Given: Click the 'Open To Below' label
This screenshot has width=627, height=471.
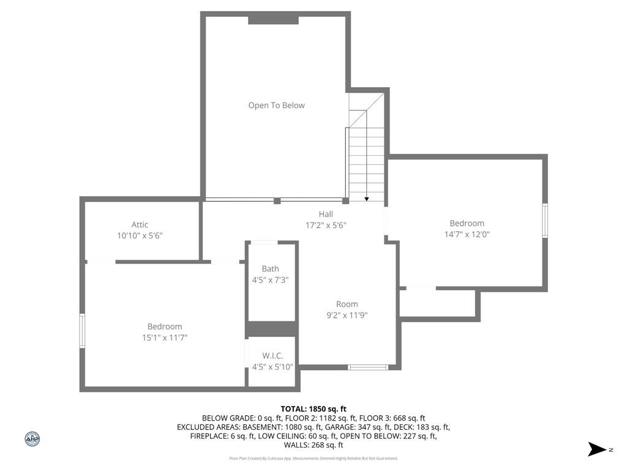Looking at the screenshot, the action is [x=276, y=105].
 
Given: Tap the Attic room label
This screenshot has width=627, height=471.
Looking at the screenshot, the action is [x=140, y=224].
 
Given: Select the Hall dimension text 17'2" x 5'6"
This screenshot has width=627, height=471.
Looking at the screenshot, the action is [x=326, y=226].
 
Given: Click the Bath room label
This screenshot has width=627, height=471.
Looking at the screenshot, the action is [x=270, y=269].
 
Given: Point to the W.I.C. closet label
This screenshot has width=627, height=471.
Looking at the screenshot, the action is [x=272, y=356].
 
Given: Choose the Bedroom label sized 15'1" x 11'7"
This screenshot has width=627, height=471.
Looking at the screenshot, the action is [x=165, y=326].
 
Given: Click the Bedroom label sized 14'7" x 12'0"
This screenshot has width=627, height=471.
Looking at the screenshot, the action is [x=467, y=223].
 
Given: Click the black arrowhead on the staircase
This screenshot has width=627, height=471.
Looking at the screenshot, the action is [x=367, y=199].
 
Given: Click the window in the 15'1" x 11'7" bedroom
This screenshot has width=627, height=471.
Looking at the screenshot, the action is [x=82, y=331].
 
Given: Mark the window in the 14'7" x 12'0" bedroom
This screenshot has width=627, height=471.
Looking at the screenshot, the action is [x=544, y=220].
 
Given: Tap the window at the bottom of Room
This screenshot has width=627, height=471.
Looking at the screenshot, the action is [x=368, y=367].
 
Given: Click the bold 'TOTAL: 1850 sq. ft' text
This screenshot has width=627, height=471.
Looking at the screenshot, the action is [x=313, y=409].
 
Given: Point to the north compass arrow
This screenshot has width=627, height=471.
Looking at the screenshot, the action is [x=597, y=450].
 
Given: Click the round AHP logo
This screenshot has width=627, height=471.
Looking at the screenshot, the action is [x=32, y=439].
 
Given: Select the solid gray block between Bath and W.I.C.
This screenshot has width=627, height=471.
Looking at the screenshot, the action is [x=272, y=329].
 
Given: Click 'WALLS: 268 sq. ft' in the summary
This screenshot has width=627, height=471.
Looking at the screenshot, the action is [x=313, y=445].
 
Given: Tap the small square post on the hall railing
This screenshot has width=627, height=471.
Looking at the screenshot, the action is [x=277, y=201].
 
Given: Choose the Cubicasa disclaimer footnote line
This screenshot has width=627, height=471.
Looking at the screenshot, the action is [x=313, y=458].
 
